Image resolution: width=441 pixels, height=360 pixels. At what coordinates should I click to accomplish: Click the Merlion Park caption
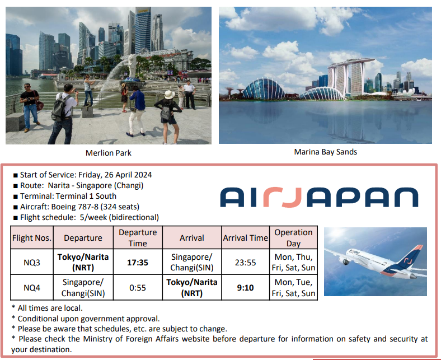tap(108, 153)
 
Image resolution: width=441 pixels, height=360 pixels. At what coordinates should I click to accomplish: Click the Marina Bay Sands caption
tap(325, 152)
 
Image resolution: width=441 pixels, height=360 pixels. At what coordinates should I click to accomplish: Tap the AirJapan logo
tap(319, 197)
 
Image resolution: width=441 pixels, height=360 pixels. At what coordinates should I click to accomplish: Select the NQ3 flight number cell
tap(32, 263)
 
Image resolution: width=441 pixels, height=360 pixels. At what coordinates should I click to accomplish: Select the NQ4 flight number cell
tap(32, 288)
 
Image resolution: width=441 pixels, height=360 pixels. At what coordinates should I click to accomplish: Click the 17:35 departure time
tap(138, 263)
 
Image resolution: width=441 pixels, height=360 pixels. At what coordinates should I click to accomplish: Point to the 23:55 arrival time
tap(246, 263)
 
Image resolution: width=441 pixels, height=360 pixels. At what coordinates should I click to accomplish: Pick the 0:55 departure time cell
tap(138, 288)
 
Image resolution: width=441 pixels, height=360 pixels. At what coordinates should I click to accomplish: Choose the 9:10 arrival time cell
tap(246, 288)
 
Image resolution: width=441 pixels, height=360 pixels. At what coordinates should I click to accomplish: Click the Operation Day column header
tap(293, 237)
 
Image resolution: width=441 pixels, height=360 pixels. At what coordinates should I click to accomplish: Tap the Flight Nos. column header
tap(32, 237)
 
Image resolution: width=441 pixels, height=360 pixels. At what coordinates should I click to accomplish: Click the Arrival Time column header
tap(246, 237)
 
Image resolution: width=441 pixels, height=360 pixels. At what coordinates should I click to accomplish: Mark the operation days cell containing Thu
tap(293, 262)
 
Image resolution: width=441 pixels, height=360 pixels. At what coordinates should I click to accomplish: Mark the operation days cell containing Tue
tap(293, 288)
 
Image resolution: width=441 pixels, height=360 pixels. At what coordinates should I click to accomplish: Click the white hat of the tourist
tap(170, 95)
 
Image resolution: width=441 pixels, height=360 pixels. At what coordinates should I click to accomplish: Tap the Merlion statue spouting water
tap(132, 67)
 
